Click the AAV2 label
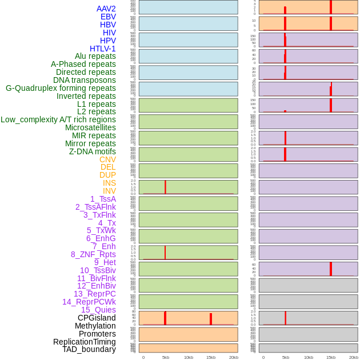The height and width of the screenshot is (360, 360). (106, 9)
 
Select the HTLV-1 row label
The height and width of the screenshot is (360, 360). (103, 49)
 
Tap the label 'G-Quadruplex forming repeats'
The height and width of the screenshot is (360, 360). (61, 88)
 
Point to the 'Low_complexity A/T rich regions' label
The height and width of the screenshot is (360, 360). (58, 119)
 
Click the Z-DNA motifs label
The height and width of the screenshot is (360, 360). (93, 151)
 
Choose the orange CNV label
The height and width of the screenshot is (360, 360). (107, 159)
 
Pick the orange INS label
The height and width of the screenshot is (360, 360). (109, 183)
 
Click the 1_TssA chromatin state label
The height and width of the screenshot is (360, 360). (103, 199)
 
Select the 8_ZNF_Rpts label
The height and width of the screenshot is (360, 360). (93, 254)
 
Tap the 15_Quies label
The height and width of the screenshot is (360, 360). (98, 310)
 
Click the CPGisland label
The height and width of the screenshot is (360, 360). (97, 318)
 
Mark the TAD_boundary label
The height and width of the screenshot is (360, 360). (89, 349)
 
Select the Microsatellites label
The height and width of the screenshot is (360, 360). (90, 127)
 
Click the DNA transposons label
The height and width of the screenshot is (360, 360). (85, 80)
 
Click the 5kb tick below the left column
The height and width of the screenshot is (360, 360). (166, 357)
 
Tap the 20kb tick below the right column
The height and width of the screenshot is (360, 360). (354, 357)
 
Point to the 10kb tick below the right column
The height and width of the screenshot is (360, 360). (309, 357)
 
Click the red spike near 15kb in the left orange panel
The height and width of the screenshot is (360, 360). (211, 319)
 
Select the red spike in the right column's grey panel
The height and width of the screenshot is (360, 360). (285, 318)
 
